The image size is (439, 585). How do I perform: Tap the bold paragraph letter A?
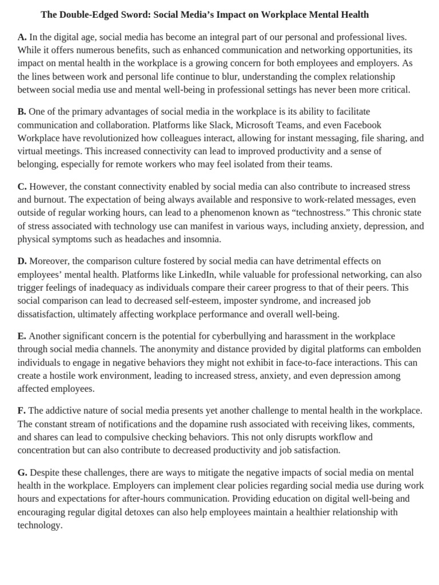point(22,37)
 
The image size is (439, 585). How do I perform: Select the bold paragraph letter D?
point(22,261)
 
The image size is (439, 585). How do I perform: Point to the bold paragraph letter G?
point(22,472)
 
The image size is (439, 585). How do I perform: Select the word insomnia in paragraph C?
point(202,239)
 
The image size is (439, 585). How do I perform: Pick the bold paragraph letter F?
point(21,411)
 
